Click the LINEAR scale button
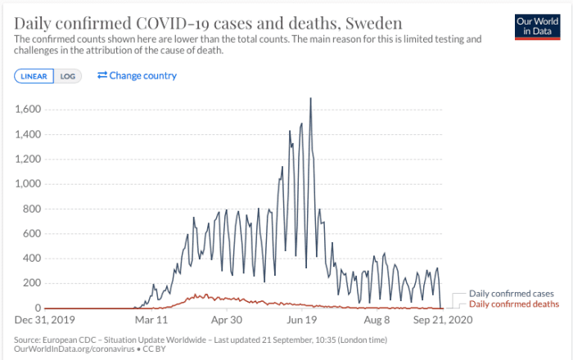pos(34,76)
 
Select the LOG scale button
pos(67,76)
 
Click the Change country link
pos(137,76)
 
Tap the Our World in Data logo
pos(536,26)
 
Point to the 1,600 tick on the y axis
pos(30,109)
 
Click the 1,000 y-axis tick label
pos(30,183)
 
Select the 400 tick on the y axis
pos(34,258)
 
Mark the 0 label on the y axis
pos(39,308)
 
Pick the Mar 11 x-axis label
pos(151,320)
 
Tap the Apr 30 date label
pos(226,320)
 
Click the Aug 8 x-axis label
pos(377,320)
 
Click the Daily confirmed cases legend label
pos(511,293)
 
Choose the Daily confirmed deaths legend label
pos(513,304)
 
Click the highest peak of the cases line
pos(310,99)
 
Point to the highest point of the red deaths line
pos(197,295)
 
